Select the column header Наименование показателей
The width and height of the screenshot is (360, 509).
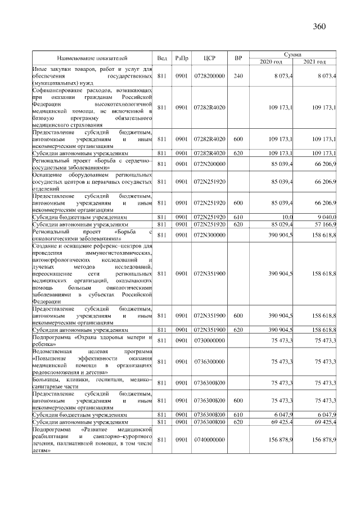pyautogui.click(x=92, y=57)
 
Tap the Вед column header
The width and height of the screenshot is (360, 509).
pyautogui.click(x=162, y=57)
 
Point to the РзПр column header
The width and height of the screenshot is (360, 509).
pyautogui.click(x=181, y=57)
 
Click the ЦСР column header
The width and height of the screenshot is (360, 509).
pyautogui.click(x=209, y=57)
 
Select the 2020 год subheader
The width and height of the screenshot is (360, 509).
pyautogui.click(x=271, y=61)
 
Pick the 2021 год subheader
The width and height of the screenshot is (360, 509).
pyautogui.click(x=314, y=61)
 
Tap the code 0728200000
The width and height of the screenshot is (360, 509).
pyautogui.click(x=209, y=75)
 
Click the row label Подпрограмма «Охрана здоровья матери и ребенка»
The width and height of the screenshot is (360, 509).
pyautogui.click(x=92, y=340)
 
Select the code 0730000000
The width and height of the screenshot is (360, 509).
pyautogui.click(x=209, y=340)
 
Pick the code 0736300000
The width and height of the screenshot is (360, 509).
pyautogui.click(x=209, y=361)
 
